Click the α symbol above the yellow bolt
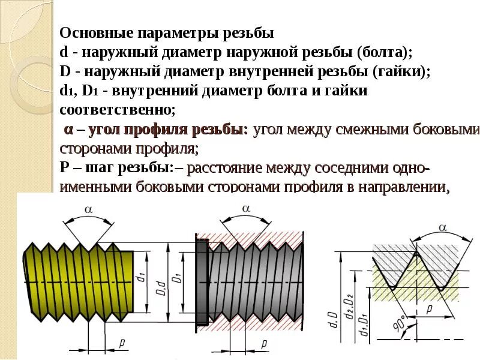(88, 209)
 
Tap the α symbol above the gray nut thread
(245, 208)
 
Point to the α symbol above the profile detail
(443, 227)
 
